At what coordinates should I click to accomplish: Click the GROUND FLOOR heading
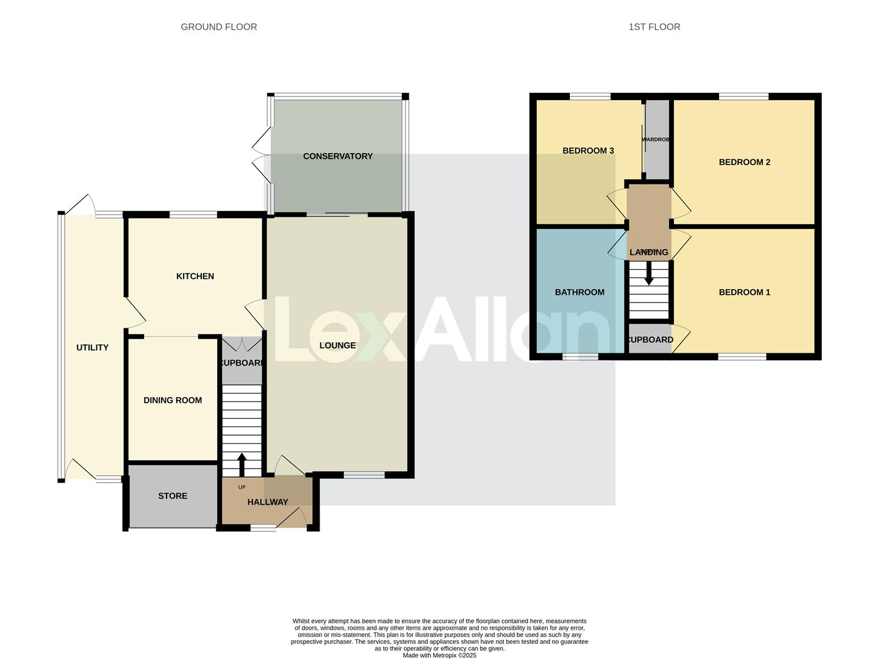(218, 27)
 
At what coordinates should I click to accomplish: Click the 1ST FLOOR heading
(654, 27)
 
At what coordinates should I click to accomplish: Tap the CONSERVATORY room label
(337, 156)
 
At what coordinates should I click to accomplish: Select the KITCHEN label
(195, 276)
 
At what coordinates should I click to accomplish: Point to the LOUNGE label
(337, 345)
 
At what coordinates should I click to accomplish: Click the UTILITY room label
(92, 348)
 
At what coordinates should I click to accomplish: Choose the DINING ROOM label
(173, 400)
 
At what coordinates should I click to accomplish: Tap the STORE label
(173, 496)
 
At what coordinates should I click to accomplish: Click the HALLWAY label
(267, 502)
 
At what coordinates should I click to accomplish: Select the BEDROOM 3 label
(588, 151)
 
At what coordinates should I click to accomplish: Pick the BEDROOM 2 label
(744, 162)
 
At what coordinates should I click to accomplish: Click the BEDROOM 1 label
(744, 292)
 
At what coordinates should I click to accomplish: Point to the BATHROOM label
(579, 292)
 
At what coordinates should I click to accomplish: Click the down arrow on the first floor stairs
(649, 273)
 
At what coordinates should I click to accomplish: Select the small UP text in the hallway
(242, 487)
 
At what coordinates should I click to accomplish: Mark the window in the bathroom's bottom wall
(580, 356)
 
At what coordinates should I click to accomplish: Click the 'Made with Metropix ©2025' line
(439, 655)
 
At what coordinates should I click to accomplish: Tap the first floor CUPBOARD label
(650, 340)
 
